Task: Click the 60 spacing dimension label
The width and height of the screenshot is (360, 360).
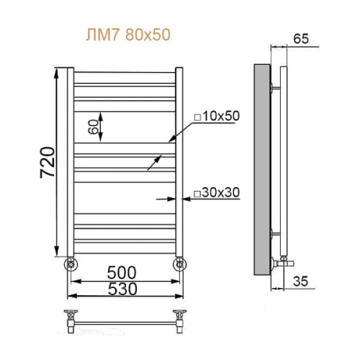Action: pyautogui.click(x=93, y=127)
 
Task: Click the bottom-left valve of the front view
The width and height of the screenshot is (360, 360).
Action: pyautogui.click(x=70, y=263)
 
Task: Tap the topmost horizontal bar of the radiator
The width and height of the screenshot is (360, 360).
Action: pyautogui.click(x=124, y=73)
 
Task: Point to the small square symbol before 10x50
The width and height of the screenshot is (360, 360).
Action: pyautogui.click(x=196, y=116)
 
